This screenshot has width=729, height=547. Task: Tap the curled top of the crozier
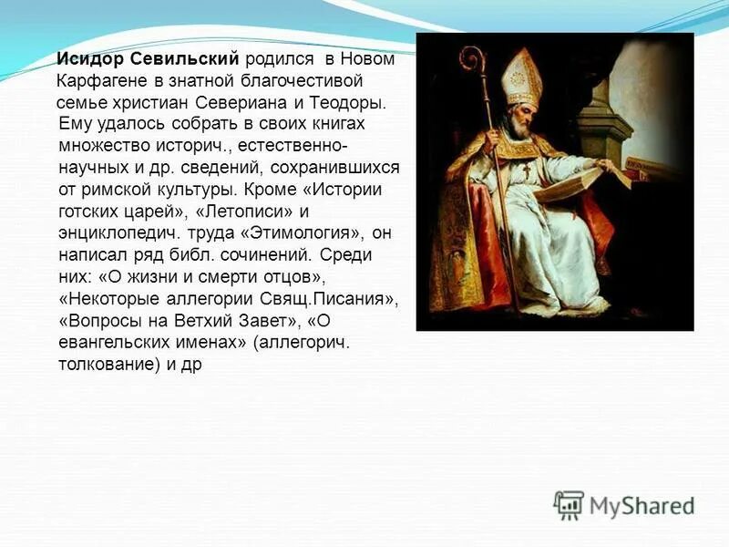click(472, 59)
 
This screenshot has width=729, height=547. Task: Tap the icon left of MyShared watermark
click(569, 505)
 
